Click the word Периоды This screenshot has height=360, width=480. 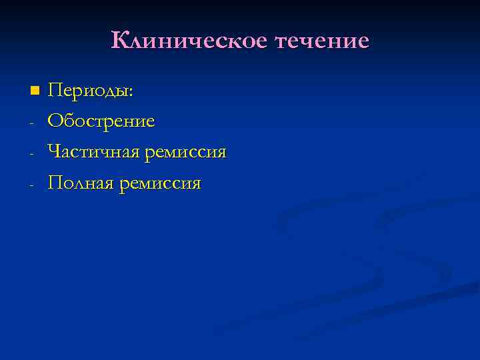[89, 91]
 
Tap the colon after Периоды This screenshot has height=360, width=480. [132, 93]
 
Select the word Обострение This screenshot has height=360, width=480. [101, 121]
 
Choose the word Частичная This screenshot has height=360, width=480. [93, 153]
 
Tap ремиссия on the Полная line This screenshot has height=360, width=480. [160, 183]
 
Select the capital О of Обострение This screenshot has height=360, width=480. [55, 121]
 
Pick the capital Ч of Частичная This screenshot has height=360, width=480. [54, 152]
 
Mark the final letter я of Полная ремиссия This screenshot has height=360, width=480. [195, 185]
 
